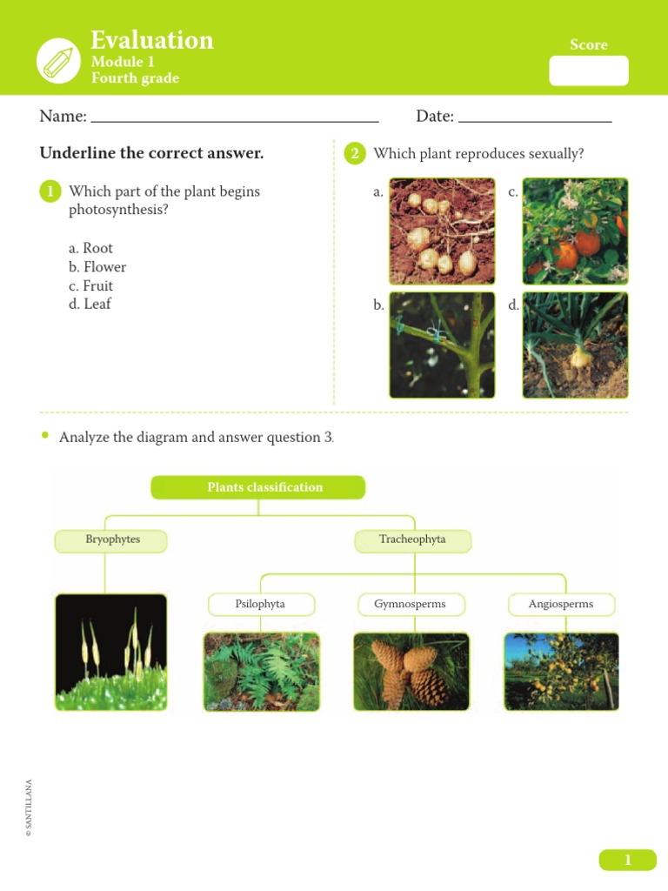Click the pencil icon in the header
coord(58,61)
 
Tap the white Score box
coord(588,70)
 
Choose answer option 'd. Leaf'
coord(90,305)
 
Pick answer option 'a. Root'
coord(91,249)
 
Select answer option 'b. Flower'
coord(97,267)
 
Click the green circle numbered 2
coord(354,154)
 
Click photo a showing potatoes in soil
coord(442,231)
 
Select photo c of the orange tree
coord(575,231)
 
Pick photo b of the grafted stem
coord(442,345)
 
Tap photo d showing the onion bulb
coord(575,345)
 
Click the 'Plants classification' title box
coord(258,487)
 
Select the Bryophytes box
coord(110,540)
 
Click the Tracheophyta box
coord(412,540)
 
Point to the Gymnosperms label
coord(411,604)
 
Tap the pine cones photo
coord(411,672)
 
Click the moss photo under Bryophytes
coord(110,652)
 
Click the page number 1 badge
coord(627,861)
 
